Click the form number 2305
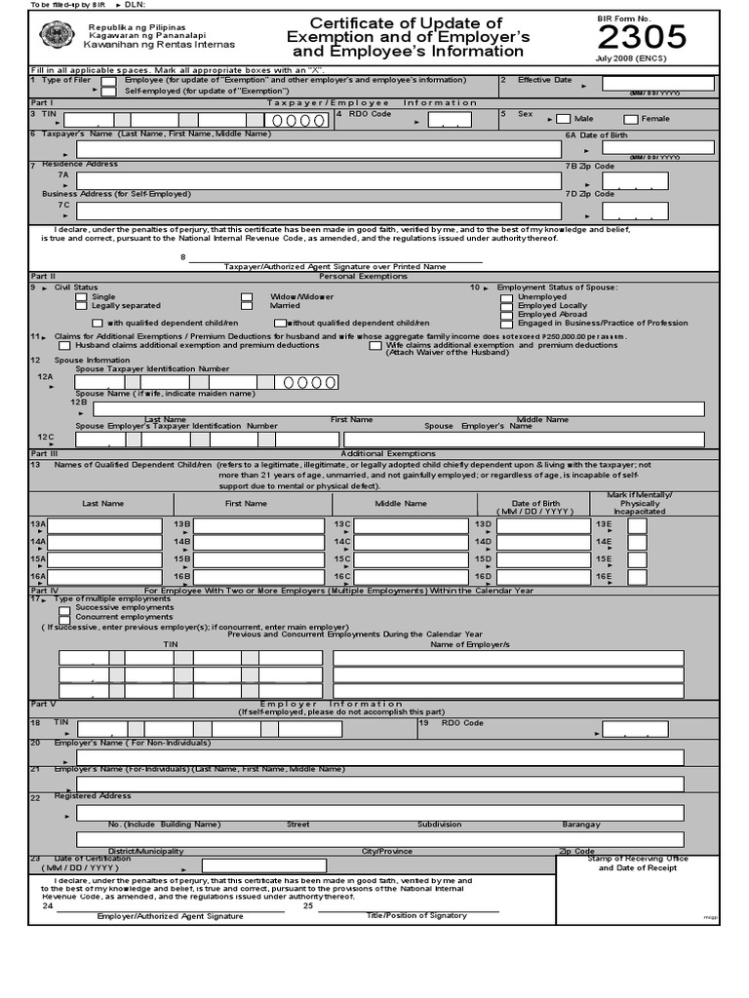coord(642,37)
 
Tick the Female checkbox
coord(631,119)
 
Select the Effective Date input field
coord(657,84)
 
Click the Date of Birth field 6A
coord(657,147)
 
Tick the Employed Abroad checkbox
coord(506,314)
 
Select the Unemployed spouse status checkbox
coord(506,296)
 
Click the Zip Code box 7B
coord(635,180)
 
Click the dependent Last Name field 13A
coord(104,526)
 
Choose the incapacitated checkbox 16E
coord(637,577)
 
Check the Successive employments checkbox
coord(64,608)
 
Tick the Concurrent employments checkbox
coord(64,618)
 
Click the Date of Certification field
coord(250,865)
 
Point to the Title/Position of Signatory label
coord(416,916)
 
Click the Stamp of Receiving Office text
coord(638,859)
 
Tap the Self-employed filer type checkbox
coord(107,90)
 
